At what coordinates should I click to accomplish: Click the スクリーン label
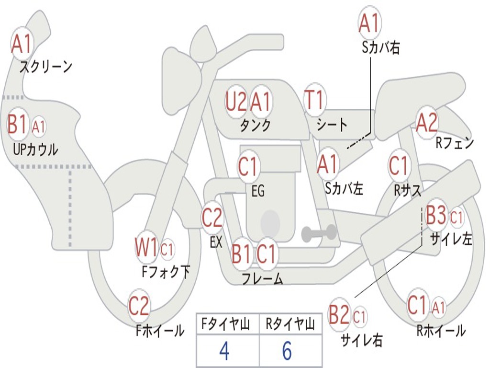click(x=45, y=67)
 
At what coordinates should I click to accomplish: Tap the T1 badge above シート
click(x=314, y=101)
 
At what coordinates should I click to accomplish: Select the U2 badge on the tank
click(x=236, y=102)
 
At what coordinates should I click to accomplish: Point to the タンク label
click(x=255, y=126)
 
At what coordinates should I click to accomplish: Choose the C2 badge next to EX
click(x=212, y=218)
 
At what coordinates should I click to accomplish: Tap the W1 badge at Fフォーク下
click(x=146, y=248)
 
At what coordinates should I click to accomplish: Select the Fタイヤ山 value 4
click(x=224, y=351)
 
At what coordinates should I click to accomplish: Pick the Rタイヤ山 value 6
click(x=287, y=351)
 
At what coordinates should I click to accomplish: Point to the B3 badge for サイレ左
click(x=436, y=216)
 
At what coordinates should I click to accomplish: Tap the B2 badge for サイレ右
click(x=339, y=315)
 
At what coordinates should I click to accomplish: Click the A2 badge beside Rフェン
click(x=426, y=123)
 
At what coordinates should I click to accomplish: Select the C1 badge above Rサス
click(x=398, y=166)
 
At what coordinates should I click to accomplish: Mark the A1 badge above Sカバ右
click(x=369, y=23)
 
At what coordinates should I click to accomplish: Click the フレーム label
click(x=262, y=279)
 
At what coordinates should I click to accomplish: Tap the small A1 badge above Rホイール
click(x=439, y=307)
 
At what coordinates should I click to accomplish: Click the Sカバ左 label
click(x=344, y=188)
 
